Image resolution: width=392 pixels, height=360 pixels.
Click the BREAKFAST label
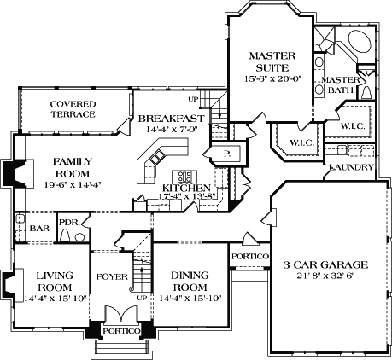[x=171, y=119]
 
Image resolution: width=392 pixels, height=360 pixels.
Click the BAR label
[x=39, y=229]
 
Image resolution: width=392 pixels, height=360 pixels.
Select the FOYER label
[x=111, y=276]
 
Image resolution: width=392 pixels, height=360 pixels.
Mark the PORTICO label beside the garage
[x=250, y=256]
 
